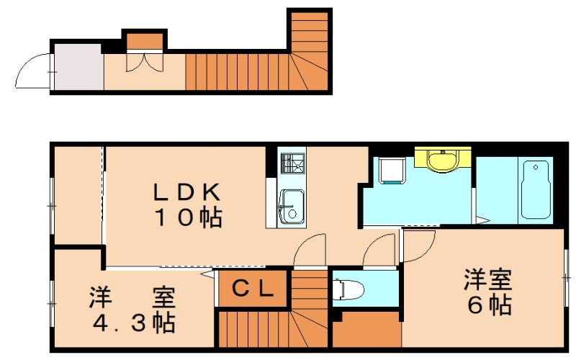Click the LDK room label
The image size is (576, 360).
pyautogui.click(x=186, y=193)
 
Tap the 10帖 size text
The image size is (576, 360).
pyautogui.click(x=188, y=217)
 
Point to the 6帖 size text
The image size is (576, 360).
pyautogui.click(x=490, y=304)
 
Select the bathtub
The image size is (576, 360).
pyautogui.click(x=536, y=189)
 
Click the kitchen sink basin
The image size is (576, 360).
pyautogui.click(x=292, y=207)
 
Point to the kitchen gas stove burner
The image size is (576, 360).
pyautogui.click(x=292, y=163)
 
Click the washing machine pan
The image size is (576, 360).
pyautogui.click(x=392, y=171)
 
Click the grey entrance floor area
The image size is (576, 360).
pyautogui.click(x=79, y=67)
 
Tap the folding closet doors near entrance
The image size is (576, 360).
pyautogui.click(x=145, y=63)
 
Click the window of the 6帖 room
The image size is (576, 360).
pyautogui.click(x=566, y=278)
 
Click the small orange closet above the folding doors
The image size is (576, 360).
pyautogui.click(x=145, y=41)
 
